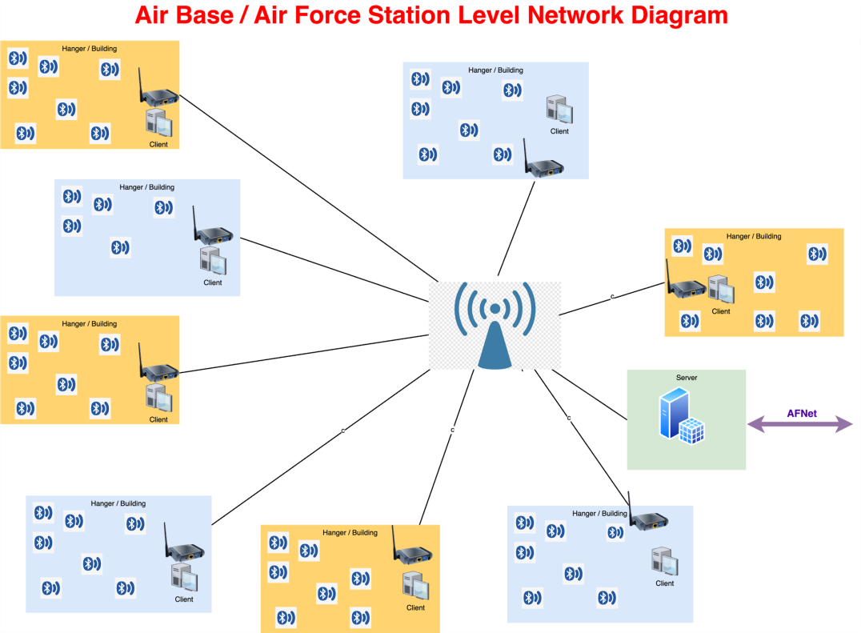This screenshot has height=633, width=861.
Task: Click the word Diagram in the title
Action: tap(681, 15)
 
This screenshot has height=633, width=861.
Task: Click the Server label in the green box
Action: tap(687, 378)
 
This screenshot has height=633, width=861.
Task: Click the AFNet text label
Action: tap(802, 414)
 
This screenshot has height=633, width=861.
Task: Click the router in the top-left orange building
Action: tap(159, 94)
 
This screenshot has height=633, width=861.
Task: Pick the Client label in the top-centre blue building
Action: tap(559, 131)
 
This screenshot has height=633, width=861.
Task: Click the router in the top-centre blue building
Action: tap(544, 165)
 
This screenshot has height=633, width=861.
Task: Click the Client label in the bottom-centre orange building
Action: tap(415, 608)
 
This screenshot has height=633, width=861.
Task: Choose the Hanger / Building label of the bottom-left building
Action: tap(118, 504)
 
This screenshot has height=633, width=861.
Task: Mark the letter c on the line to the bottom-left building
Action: tap(343, 431)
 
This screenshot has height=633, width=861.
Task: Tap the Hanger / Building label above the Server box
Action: tap(754, 237)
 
